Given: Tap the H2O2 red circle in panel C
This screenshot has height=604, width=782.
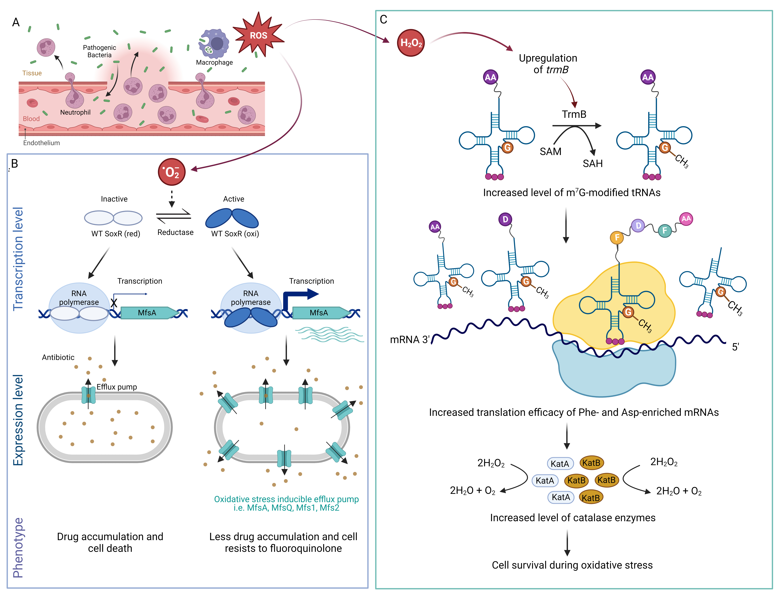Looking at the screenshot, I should tap(411, 43).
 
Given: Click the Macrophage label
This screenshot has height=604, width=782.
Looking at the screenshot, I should tap(214, 62).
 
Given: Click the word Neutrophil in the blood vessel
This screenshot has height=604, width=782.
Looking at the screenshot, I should tap(75, 112).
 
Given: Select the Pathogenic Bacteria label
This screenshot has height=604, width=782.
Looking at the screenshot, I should tap(100, 51).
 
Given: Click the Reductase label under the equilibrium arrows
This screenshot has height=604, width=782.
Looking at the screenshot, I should tap(176, 232).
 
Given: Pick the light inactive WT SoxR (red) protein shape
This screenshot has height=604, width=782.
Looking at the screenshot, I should tap(113, 218).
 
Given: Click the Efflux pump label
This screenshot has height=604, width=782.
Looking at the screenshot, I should tap(117, 387).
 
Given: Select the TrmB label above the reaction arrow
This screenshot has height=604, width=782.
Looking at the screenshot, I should tap(574, 114).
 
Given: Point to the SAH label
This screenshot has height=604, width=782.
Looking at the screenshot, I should tap(593, 164).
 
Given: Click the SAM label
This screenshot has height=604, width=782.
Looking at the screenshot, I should tap(550, 151).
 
